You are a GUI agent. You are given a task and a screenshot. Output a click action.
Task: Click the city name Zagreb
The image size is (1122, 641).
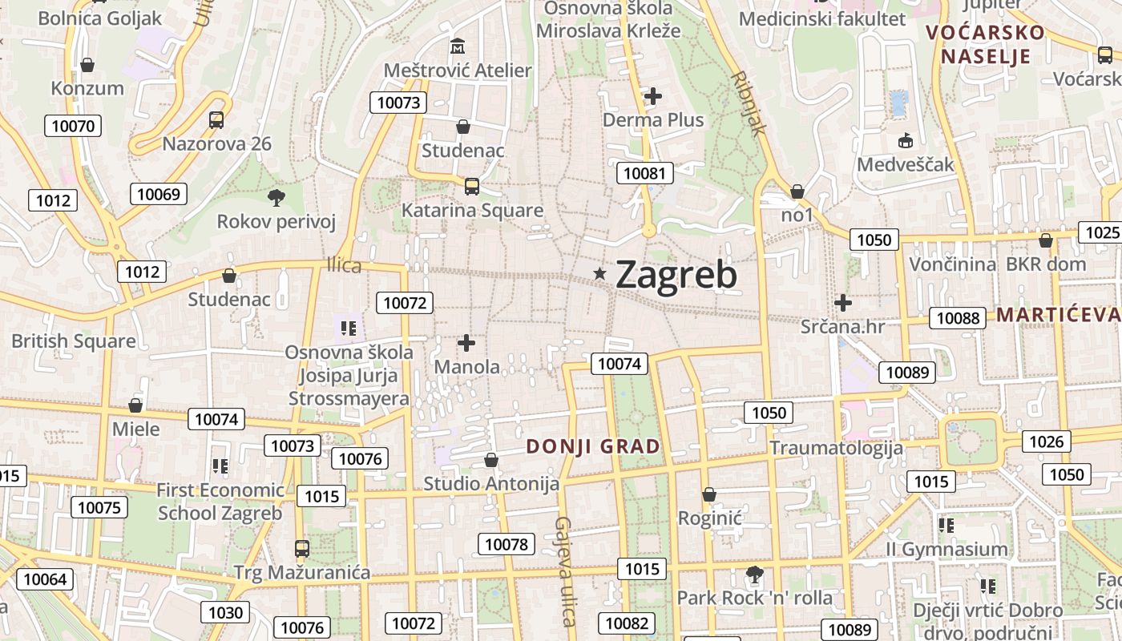pyautogui.click(x=676, y=275)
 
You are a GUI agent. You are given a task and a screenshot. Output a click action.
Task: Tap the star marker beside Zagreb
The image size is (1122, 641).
pyautogui.click(x=599, y=274)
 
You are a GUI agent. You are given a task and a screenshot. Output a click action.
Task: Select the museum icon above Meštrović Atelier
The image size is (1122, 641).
pyautogui.click(x=458, y=46)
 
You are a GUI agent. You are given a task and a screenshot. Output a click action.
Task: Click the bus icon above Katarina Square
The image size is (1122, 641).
pyautogui.click(x=472, y=187)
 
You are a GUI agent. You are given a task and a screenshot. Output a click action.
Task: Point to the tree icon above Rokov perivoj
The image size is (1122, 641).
pyautogui.click(x=276, y=197)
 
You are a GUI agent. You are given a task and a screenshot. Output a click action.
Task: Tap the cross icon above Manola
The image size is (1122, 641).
pyautogui.click(x=466, y=344)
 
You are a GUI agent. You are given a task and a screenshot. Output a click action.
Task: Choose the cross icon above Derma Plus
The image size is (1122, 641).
pyautogui.click(x=653, y=97)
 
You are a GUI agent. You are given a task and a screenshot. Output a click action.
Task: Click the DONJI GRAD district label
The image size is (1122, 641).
pyautogui.click(x=593, y=446)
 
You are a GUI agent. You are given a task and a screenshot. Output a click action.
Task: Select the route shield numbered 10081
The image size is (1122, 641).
pyautogui.click(x=644, y=173)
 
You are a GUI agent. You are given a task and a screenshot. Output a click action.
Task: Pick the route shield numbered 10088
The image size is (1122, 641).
pyautogui.click(x=958, y=318)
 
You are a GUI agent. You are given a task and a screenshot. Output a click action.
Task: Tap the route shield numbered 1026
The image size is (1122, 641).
pyautogui.click(x=1046, y=441)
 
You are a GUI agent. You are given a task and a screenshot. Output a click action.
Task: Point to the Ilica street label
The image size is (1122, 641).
pyautogui.click(x=344, y=266)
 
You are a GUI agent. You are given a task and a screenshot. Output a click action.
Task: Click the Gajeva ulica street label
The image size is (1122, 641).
pyautogui.click(x=565, y=570)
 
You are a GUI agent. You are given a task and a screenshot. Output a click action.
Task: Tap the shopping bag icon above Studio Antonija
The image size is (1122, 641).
pyautogui.click(x=491, y=461)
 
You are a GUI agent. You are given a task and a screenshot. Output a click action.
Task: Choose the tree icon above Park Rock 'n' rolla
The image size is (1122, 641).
pyautogui.click(x=754, y=574)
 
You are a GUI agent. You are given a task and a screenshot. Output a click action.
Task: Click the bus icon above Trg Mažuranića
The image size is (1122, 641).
pyautogui.click(x=302, y=549)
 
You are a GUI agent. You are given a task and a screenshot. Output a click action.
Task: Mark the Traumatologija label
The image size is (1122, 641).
pyautogui.click(x=836, y=448)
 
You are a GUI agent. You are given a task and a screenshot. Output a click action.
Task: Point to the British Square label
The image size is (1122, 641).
pyautogui.click(x=74, y=341)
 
